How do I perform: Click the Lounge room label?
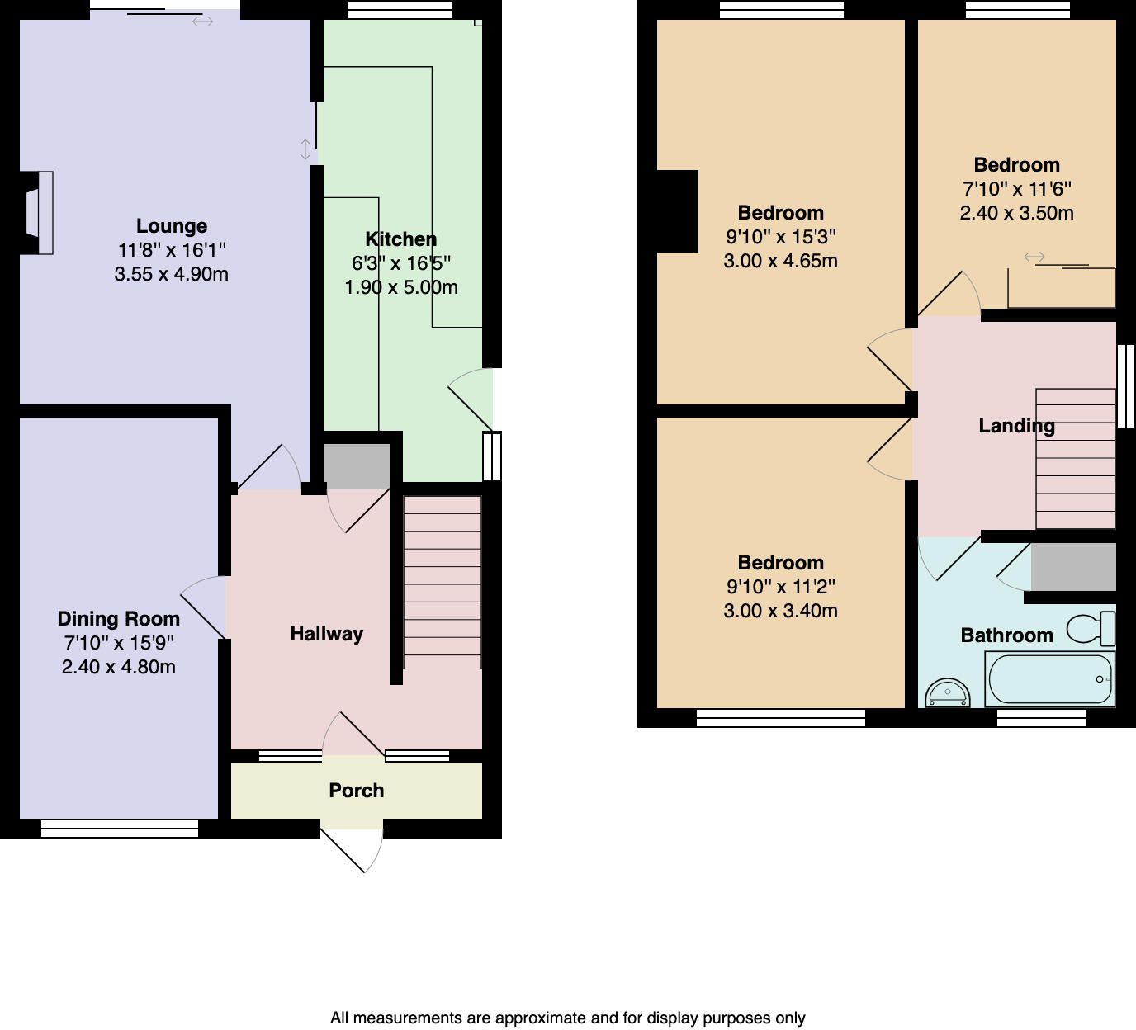171,226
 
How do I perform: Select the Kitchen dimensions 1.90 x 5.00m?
400,287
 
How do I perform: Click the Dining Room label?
118,619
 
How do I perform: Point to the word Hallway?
326,634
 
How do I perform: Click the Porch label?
356,791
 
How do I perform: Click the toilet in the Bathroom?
1091,629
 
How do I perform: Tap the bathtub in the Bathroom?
1049,679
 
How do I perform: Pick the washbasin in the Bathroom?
948,693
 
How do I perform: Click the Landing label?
1015,426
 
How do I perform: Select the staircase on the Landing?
1075,459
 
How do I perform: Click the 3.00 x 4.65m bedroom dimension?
780,261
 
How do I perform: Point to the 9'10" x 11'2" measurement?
780,587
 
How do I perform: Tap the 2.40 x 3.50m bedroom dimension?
1016,213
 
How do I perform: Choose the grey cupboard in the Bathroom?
1073,566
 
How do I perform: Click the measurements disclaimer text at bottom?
567,1018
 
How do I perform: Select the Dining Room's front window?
120,829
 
